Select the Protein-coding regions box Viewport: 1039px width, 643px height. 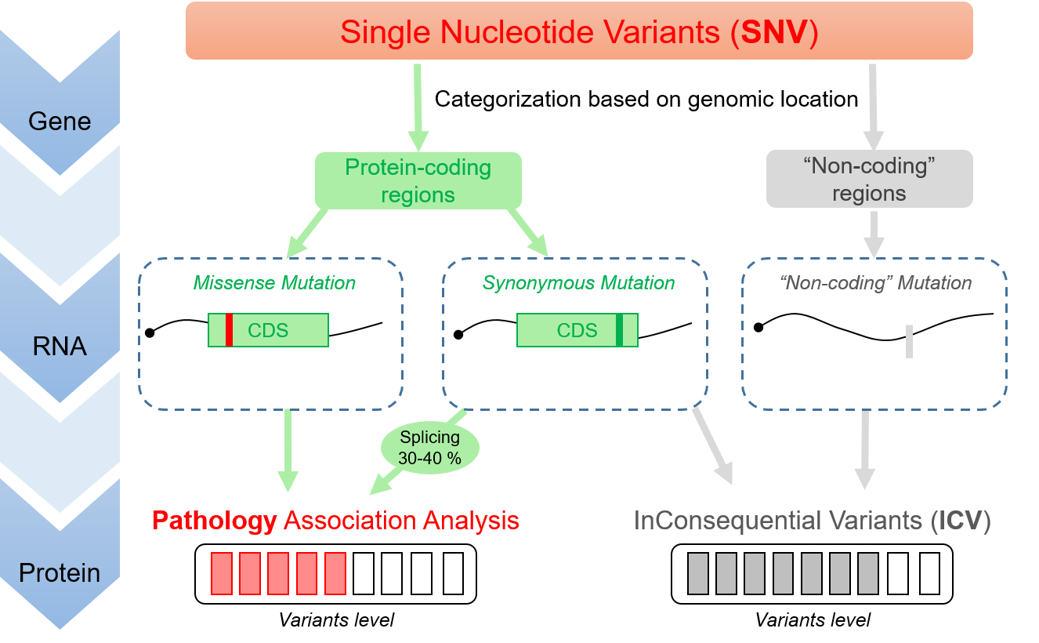[x=418, y=180]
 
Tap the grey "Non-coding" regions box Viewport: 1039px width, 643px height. [x=869, y=179]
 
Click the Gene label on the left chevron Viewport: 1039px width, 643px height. [x=60, y=122]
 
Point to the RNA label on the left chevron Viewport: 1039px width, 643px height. [x=60, y=346]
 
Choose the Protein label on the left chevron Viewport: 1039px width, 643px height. [x=60, y=573]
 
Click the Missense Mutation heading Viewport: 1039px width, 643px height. [x=274, y=283]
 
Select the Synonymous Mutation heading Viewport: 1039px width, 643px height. [x=578, y=283]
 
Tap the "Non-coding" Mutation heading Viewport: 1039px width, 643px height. [x=876, y=283]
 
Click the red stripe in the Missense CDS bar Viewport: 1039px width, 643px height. [x=230, y=330]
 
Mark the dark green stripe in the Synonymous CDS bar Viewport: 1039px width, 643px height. [x=619, y=330]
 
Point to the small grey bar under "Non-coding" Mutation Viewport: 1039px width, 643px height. [x=909, y=341]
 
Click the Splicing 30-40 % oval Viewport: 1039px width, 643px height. [x=429, y=448]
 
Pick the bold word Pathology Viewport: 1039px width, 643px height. [x=215, y=521]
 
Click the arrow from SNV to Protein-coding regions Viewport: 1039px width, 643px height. [x=418, y=106]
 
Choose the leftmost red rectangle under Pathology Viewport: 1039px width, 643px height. [x=222, y=573]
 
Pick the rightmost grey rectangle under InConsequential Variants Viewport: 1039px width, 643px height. [x=867, y=573]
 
